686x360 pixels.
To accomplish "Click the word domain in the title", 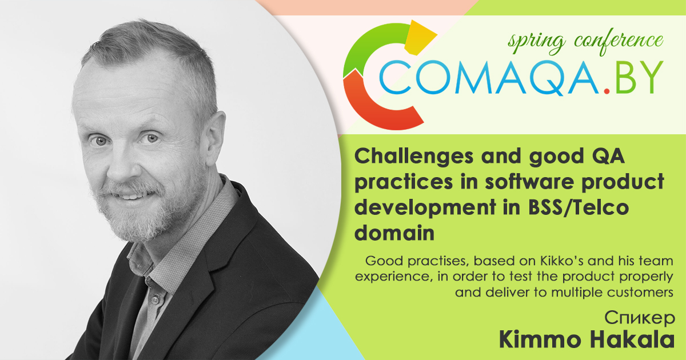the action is point(394,233).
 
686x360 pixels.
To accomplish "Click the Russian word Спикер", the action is point(640,318).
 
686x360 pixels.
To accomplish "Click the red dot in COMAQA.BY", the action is point(607,91).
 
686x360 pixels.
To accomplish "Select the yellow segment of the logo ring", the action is point(420,37).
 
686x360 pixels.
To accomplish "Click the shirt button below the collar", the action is point(156,299).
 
